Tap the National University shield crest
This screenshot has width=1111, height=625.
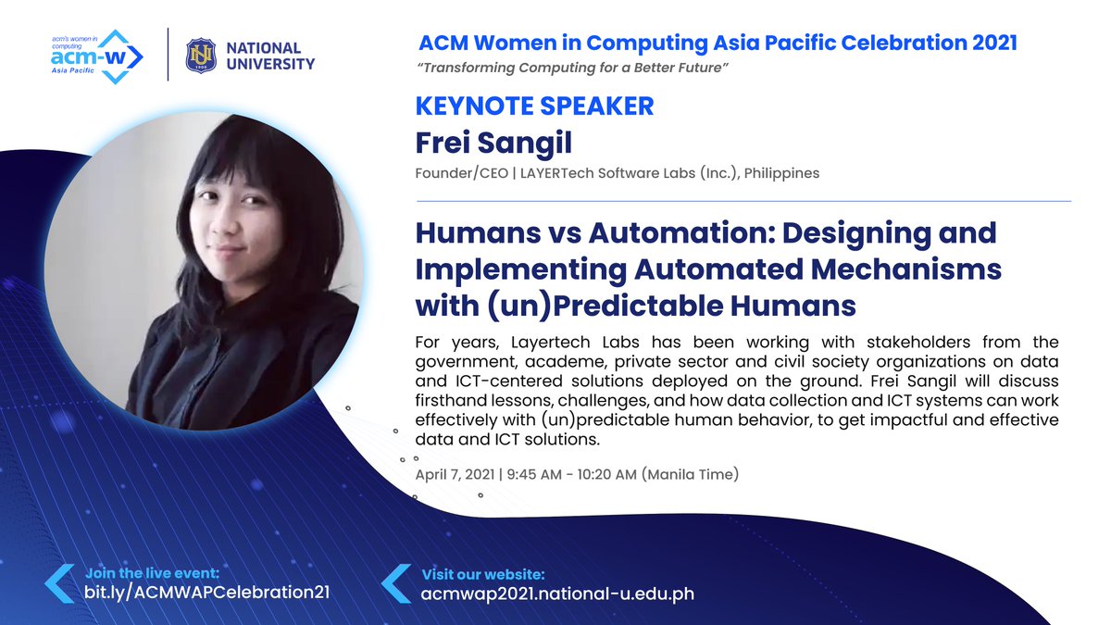[x=201, y=55]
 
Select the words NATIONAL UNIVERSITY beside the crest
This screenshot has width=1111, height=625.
[x=270, y=56]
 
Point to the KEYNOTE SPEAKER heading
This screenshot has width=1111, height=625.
[x=535, y=106]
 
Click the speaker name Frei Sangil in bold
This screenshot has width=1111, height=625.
[x=493, y=143]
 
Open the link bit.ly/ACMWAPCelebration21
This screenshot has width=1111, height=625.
[x=206, y=592]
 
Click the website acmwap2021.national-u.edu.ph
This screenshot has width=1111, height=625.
[x=557, y=593]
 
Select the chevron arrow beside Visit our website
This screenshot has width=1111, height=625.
[x=396, y=583]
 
